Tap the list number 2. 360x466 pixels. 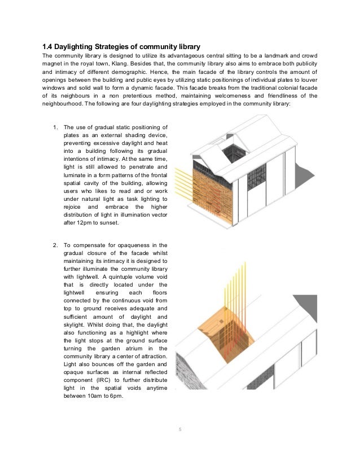[x=55, y=245]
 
